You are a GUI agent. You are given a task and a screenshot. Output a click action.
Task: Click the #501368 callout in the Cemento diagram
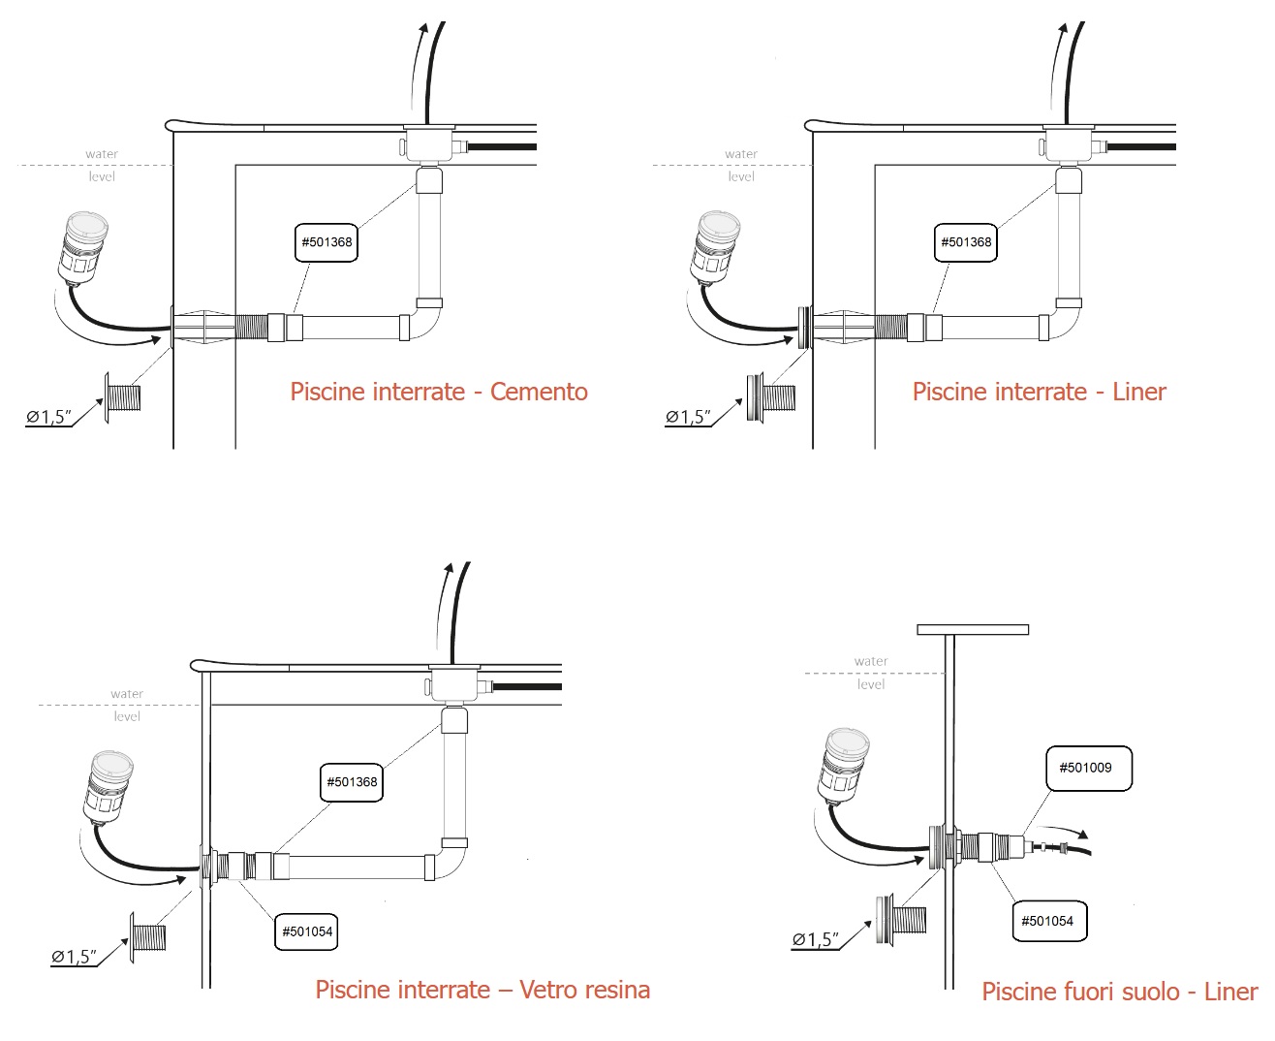tap(327, 242)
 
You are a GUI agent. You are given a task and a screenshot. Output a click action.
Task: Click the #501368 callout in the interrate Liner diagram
tap(966, 242)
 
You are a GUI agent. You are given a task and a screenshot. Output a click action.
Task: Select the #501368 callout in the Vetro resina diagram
tap(352, 782)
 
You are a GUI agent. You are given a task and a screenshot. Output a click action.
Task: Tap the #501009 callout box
tap(1088, 769)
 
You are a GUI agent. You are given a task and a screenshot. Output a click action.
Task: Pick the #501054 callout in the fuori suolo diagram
tap(1047, 921)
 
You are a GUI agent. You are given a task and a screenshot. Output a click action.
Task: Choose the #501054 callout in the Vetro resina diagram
tap(306, 931)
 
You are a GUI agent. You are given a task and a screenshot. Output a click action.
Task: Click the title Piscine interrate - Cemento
tap(439, 392)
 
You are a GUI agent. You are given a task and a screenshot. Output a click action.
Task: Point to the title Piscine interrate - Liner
tap(1039, 392)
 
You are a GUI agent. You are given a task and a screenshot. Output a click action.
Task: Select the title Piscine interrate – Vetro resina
tap(482, 990)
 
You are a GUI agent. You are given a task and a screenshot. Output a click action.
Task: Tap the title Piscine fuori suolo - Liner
tap(1119, 992)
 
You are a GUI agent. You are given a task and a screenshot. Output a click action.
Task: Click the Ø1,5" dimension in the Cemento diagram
tap(48, 418)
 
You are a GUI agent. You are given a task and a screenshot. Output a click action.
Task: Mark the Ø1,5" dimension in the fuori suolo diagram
tap(815, 939)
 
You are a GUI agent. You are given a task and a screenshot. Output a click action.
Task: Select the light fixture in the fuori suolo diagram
tap(845, 767)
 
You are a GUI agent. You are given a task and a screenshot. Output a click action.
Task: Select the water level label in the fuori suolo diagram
tap(871, 673)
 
